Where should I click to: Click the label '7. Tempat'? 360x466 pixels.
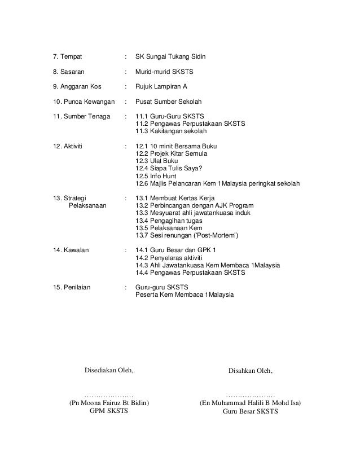click(x=67, y=58)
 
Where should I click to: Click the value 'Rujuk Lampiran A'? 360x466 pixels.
click(x=162, y=87)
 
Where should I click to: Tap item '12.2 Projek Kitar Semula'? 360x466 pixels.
click(x=172, y=153)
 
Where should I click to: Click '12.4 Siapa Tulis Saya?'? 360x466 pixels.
click(x=170, y=168)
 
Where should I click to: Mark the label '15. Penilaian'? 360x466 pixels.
click(x=71, y=287)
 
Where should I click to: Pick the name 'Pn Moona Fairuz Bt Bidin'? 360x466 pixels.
click(x=109, y=403)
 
